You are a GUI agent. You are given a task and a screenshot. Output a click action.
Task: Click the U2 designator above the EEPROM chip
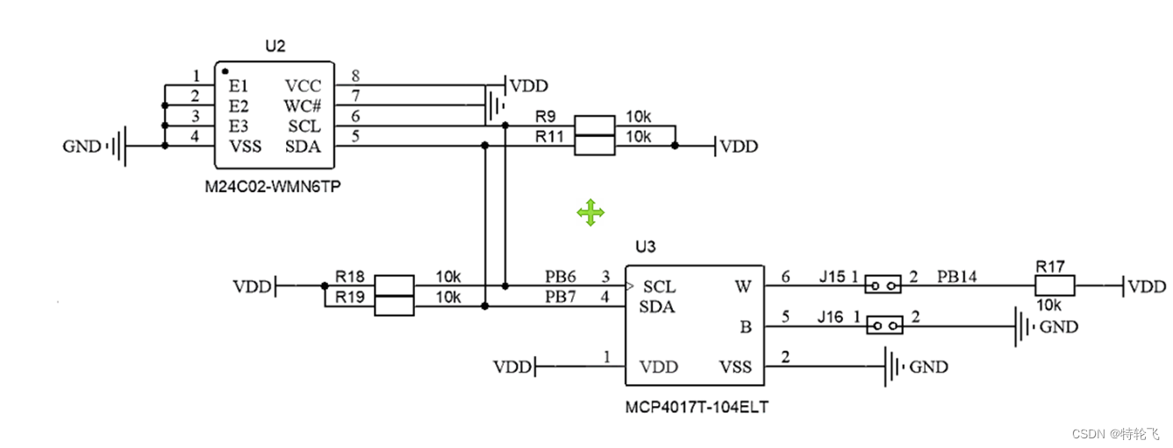(x=275, y=46)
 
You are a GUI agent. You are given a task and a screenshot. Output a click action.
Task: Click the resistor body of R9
(x=594, y=125)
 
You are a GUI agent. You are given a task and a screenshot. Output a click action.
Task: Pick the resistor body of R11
(x=594, y=146)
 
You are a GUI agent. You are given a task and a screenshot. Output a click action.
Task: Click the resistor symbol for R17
(x=1055, y=286)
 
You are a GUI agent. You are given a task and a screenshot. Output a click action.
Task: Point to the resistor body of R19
(x=394, y=305)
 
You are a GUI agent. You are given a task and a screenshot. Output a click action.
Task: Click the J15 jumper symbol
(x=883, y=285)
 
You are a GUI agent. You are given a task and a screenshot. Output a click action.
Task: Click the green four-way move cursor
(x=590, y=212)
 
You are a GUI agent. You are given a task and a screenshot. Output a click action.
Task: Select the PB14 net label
(x=957, y=277)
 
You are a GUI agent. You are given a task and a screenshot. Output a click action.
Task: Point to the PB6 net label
(x=561, y=277)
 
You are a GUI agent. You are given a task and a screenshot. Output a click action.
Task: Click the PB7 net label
(x=561, y=297)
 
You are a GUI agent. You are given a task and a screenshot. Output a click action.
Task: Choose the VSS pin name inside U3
(x=735, y=366)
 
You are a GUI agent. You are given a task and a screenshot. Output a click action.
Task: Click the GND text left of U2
(x=82, y=146)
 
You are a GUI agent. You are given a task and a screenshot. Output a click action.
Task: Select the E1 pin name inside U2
(x=239, y=86)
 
